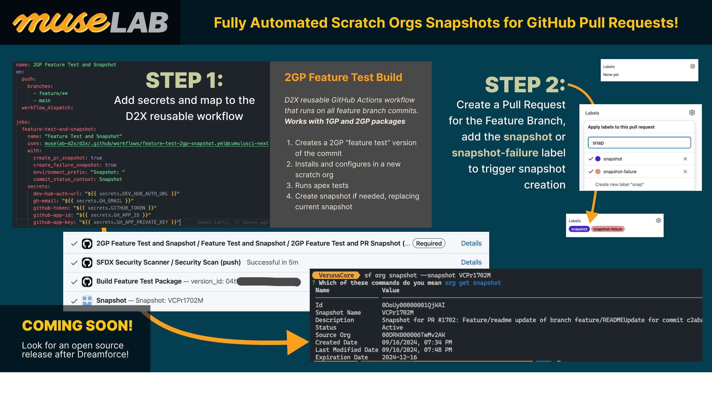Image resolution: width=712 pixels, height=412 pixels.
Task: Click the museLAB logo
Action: (x=90, y=23)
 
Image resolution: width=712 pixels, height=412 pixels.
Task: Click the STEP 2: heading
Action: (x=525, y=85)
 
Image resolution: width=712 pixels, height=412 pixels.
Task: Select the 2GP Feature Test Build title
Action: (x=343, y=77)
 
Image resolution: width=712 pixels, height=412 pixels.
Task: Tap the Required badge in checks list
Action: (x=429, y=243)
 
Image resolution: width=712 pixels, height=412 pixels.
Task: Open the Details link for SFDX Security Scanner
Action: (x=471, y=262)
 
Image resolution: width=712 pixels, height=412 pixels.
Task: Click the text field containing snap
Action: (x=639, y=143)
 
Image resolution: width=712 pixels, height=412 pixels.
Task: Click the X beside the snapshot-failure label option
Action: (x=685, y=172)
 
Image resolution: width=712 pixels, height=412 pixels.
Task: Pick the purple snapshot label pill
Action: (x=579, y=229)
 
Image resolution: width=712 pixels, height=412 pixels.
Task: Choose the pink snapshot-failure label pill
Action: (x=608, y=229)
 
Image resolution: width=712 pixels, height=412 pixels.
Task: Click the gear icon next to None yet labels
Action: (x=692, y=66)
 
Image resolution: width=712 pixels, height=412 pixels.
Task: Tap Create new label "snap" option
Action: (x=619, y=184)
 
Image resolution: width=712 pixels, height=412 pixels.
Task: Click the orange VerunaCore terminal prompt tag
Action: (x=336, y=275)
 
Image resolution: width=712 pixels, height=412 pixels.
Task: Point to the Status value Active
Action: (x=392, y=327)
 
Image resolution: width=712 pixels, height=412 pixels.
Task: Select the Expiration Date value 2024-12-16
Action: (x=399, y=357)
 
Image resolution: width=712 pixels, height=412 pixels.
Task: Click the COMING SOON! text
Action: (x=77, y=326)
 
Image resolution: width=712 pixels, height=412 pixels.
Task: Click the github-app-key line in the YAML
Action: (x=106, y=222)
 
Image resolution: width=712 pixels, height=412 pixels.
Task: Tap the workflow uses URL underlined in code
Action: (x=156, y=144)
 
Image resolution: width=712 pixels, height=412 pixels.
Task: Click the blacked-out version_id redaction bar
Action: (x=269, y=281)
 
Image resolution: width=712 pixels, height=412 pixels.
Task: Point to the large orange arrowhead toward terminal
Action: (x=297, y=342)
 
